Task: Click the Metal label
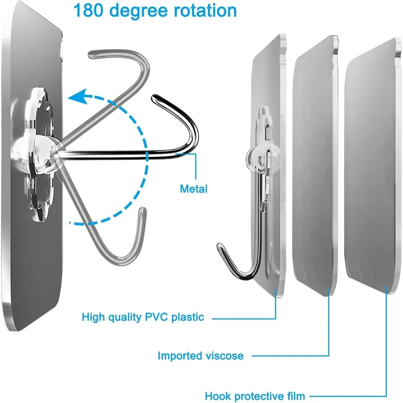[x=193, y=189]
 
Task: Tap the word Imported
[x=179, y=356]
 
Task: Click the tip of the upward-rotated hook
[x=91, y=53]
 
